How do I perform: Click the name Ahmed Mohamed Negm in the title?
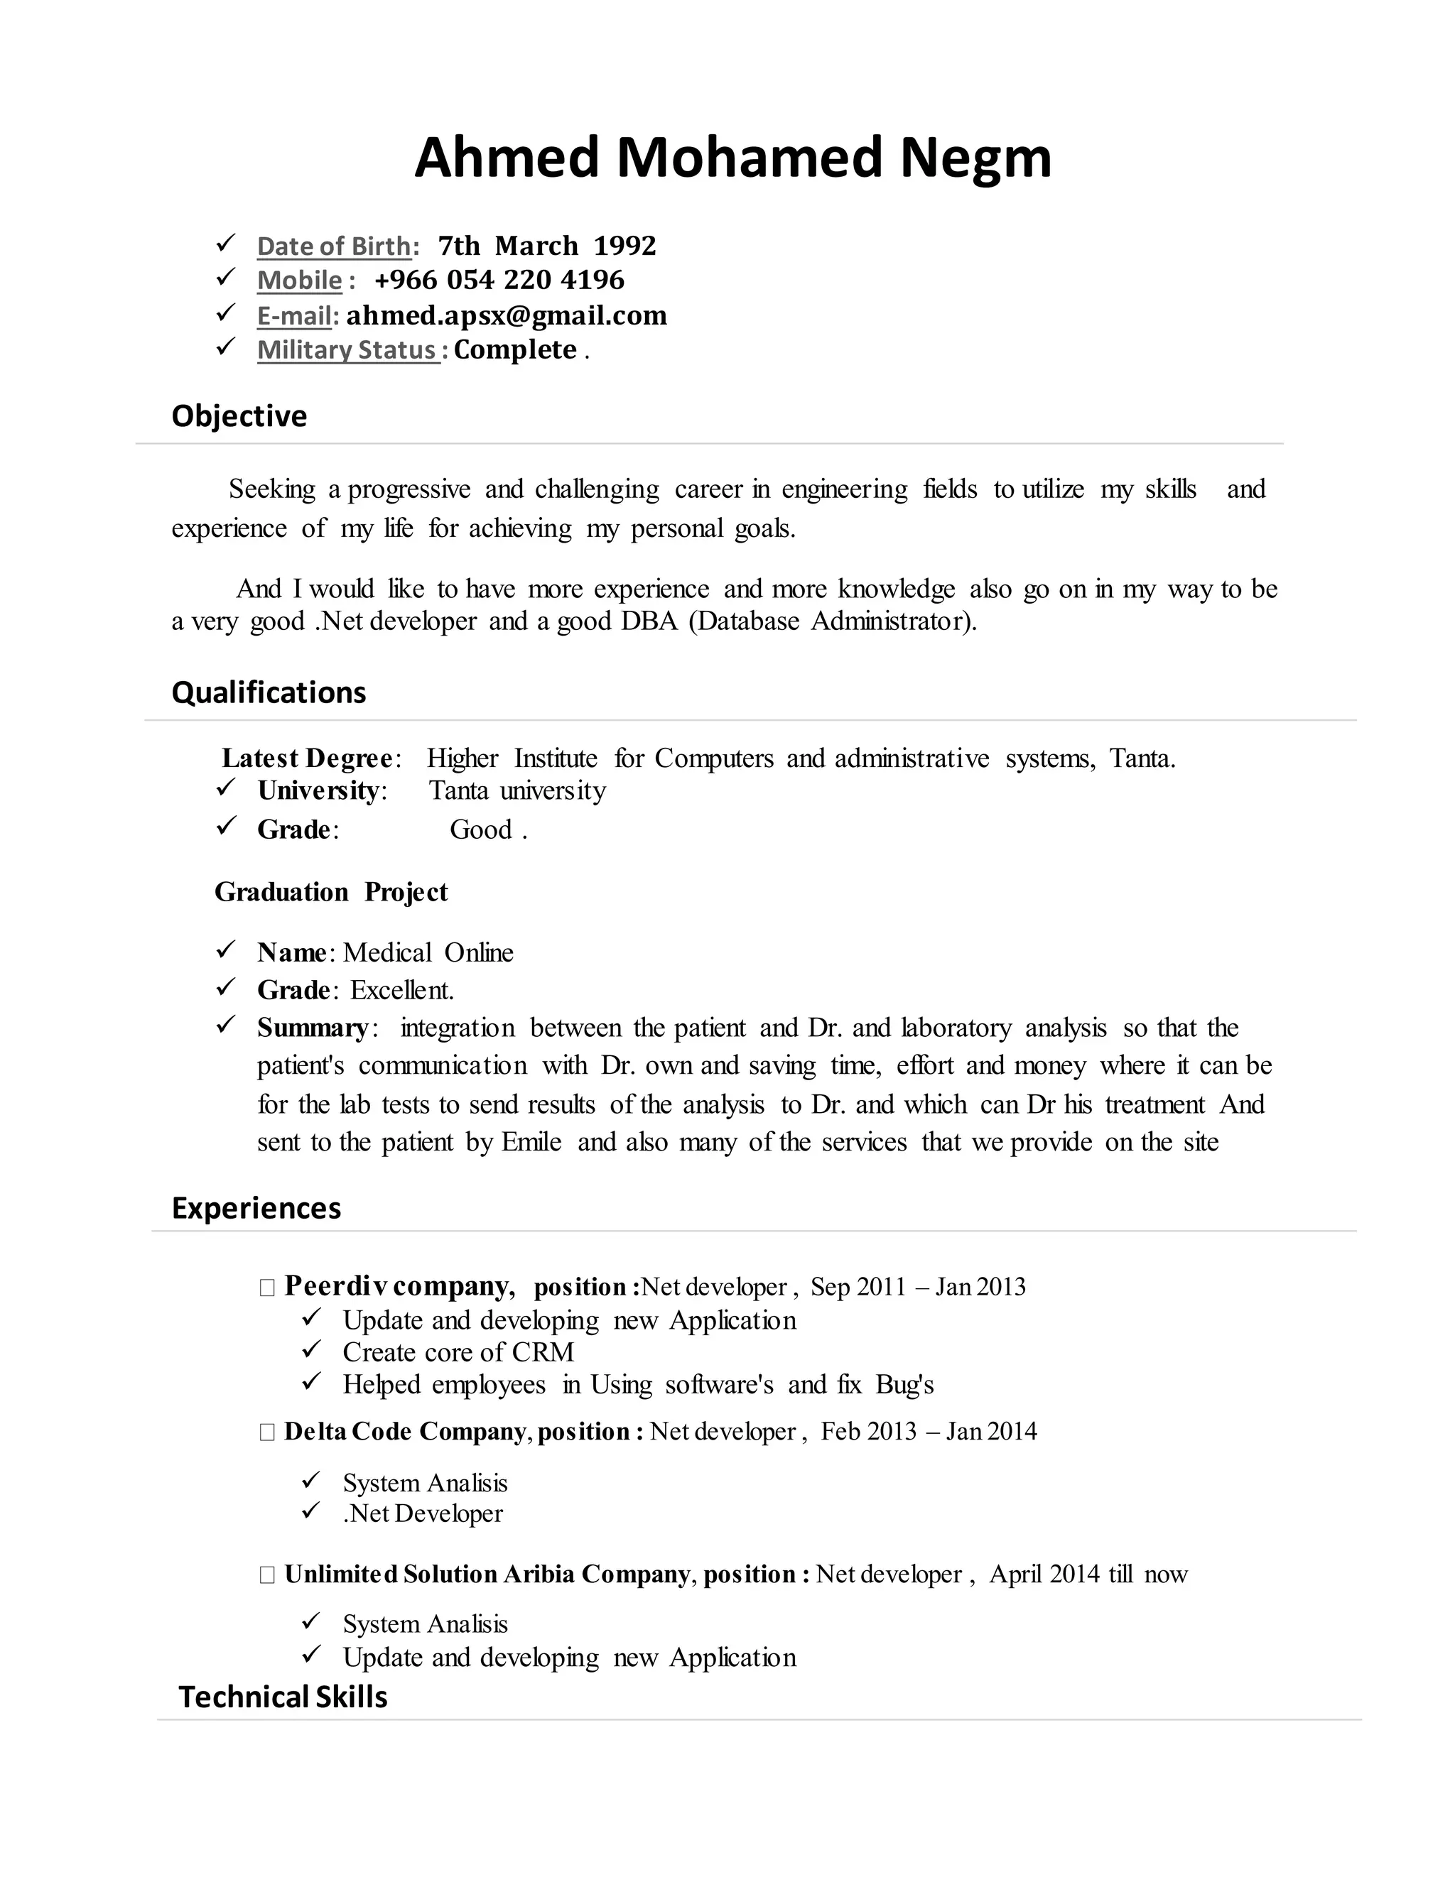(x=732, y=158)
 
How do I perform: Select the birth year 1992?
(x=625, y=246)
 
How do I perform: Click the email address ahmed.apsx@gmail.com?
(x=507, y=315)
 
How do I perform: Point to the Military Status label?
(x=348, y=350)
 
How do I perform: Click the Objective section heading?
(x=239, y=416)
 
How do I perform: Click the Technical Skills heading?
(x=283, y=1697)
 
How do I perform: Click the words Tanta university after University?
(x=517, y=790)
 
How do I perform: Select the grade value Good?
(x=481, y=829)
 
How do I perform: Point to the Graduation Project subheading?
(x=331, y=892)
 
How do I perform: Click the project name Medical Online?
(x=428, y=952)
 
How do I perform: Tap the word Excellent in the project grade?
(x=401, y=990)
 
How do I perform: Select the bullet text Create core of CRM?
(x=458, y=1352)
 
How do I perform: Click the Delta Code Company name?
(x=404, y=1431)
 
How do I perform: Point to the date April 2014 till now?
(x=1088, y=1574)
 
